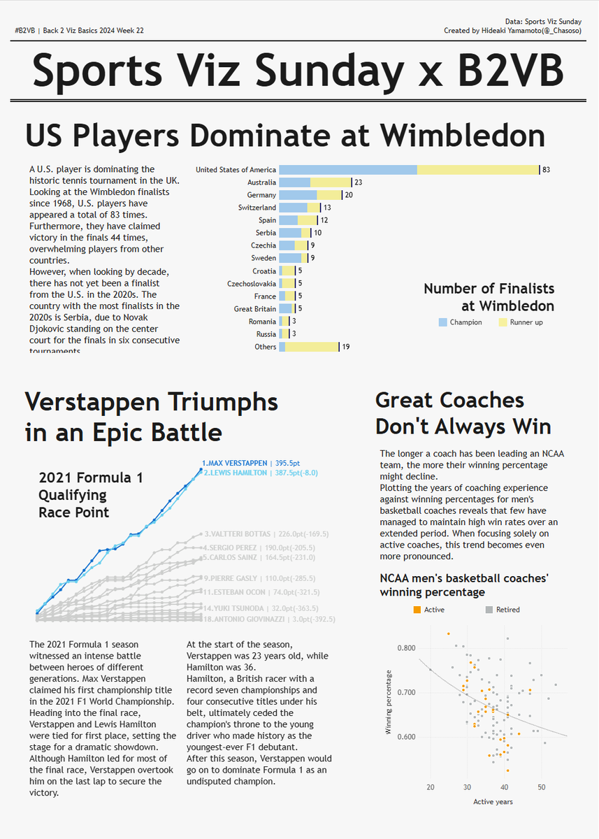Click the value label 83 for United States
pyautogui.click(x=546, y=170)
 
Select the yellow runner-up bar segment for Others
pyautogui.click(x=312, y=347)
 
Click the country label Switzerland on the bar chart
pyautogui.click(x=257, y=208)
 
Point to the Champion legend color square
pyautogui.click(x=442, y=322)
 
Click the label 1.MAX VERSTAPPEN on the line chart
pyautogui.click(x=235, y=463)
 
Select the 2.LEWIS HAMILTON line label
pyautogui.click(x=235, y=473)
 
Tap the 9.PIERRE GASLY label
pyautogui.click(x=231, y=578)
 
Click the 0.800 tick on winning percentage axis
pyautogui.click(x=406, y=648)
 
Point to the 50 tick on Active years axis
pyautogui.click(x=541, y=787)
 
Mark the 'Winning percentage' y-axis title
pyautogui.click(x=389, y=702)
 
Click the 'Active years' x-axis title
pyautogui.click(x=493, y=801)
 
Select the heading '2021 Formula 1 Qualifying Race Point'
pyautogui.click(x=91, y=495)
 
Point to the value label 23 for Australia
pyautogui.click(x=357, y=182)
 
